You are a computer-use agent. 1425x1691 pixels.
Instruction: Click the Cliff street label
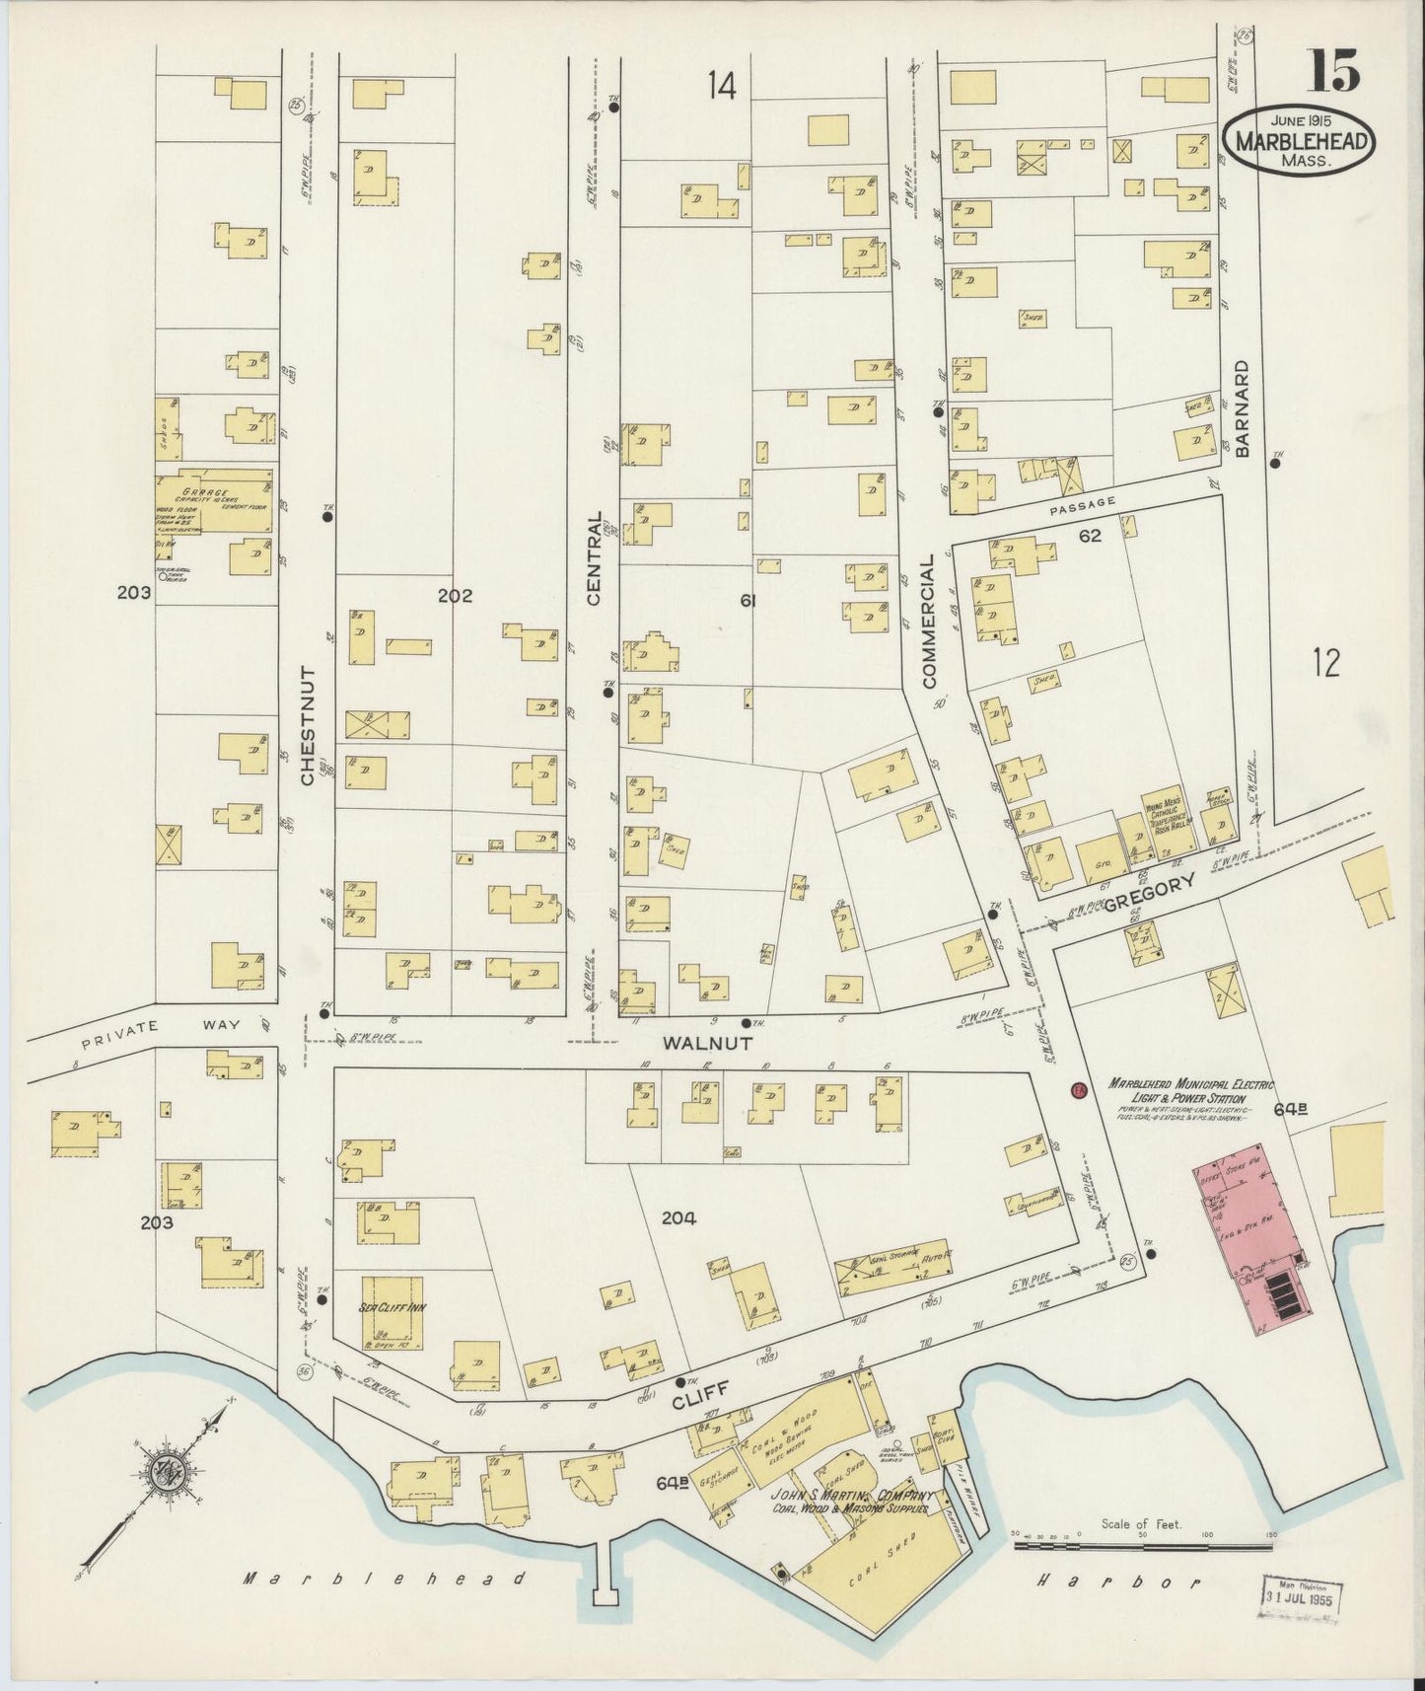click(700, 1389)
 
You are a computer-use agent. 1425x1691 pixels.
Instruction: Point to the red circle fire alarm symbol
click(1079, 1091)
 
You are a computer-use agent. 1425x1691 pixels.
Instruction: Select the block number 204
click(678, 1218)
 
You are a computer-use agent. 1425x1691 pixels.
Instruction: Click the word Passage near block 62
click(1083, 502)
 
